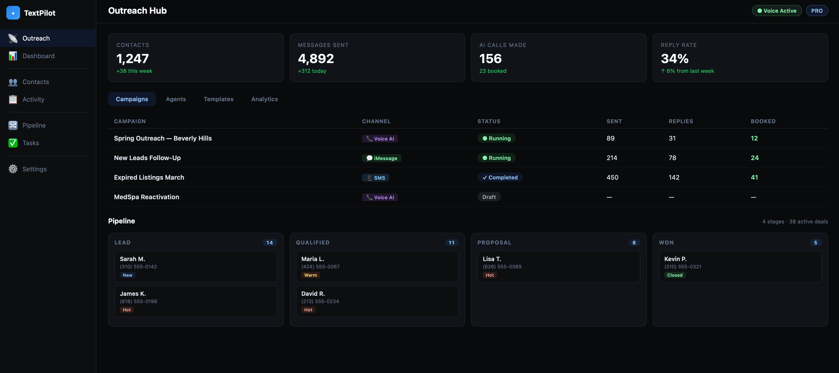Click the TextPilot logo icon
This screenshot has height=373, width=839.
(x=13, y=13)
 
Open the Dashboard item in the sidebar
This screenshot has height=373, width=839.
(x=38, y=56)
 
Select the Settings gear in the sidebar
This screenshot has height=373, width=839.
(x=13, y=169)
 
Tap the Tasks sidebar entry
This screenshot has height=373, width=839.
(x=30, y=143)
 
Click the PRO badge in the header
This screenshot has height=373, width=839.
(x=816, y=11)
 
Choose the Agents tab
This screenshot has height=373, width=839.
(x=176, y=99)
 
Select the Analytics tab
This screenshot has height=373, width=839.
(x=264, y=99)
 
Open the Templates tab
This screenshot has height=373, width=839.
(x=218, y=99)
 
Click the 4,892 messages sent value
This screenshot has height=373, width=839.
(x=316, y=59)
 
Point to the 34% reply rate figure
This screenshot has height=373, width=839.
(x=675, y=59)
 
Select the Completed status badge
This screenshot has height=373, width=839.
(x=500, y=177)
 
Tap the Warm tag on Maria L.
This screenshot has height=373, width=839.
(x=310, y=275)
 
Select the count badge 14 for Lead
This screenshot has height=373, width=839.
(x=269, y=242)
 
